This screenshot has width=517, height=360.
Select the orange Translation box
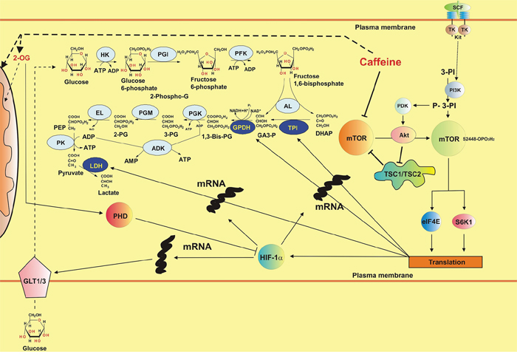[x=446, y=262]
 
